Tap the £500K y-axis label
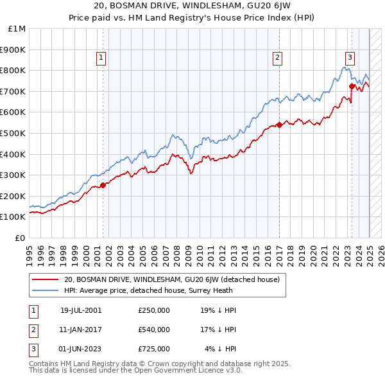tap(13, 133)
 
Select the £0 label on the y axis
tap(20, 238)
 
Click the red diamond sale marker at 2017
tap(279, 125)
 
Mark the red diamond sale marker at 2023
tap(352, 85)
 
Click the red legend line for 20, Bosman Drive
tap(45, 279)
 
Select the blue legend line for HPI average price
tap(45, 290)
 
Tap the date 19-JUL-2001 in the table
tap(81, 310)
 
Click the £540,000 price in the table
tap(154, 330)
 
